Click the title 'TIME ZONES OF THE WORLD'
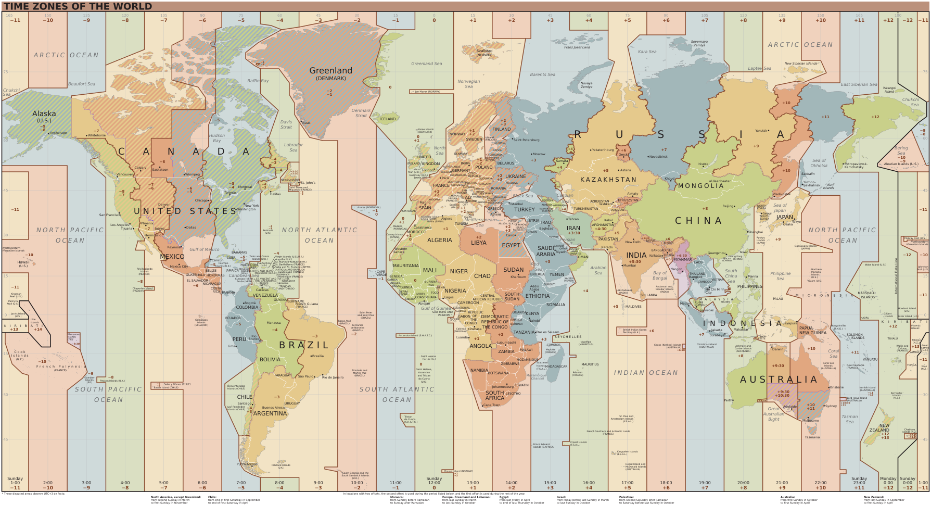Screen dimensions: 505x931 click(78, 6)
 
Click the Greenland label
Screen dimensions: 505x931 click(330, 71)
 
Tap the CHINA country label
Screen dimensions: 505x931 click(698, 221)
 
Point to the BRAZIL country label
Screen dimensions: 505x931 click(304, 345)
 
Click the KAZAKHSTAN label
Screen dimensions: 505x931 click(608, 180)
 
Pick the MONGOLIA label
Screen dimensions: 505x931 click(700, 186)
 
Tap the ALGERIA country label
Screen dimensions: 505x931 click(440, 240)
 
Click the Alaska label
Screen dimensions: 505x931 click(44, 113)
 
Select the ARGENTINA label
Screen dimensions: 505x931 click(270, 413)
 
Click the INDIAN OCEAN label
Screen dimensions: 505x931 click(645, 373)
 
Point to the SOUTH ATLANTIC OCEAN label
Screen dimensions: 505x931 click(397, 394)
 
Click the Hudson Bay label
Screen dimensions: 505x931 click(217, 138)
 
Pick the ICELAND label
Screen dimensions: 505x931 click(387, 119)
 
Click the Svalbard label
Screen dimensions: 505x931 click(484, 51)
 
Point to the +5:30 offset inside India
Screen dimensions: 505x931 click(636, 261)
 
